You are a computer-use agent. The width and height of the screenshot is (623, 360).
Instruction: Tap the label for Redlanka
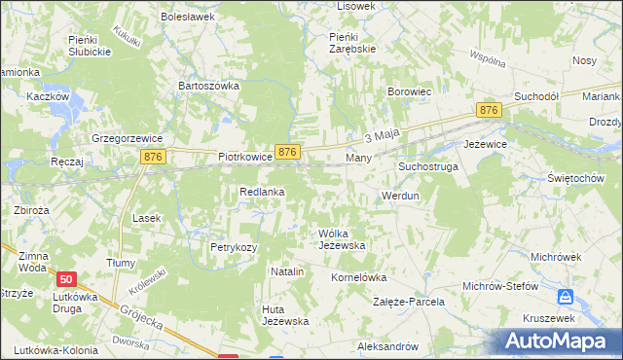[262, 192]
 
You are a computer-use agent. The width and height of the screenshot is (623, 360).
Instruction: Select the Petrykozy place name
[234, 247]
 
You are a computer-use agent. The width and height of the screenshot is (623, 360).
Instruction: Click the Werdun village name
[400, 196]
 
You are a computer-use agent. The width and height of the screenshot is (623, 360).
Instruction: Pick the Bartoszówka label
[208, 86]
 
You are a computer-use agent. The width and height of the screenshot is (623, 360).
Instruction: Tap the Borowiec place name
[408, 92]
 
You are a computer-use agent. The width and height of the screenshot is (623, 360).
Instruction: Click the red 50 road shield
[65, 278]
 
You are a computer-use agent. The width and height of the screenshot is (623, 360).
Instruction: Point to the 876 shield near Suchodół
[489, 111]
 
